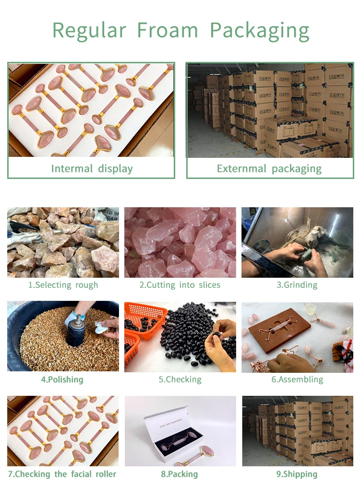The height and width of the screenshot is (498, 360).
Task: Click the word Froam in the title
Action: coord(168,31)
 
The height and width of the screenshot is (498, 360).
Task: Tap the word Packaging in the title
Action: coord(260,32)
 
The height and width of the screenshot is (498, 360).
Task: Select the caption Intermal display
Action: coord(92,168)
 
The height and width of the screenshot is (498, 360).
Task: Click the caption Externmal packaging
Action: coord(269,168)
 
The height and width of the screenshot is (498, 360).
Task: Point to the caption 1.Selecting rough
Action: coord(63,285)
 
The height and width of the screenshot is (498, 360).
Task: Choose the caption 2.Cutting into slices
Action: coord(180,285)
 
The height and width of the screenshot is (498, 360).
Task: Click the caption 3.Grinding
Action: coord(297,285)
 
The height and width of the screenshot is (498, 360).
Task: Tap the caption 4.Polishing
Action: coord(62,379)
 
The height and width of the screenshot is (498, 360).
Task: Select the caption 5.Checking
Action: coord(180,379)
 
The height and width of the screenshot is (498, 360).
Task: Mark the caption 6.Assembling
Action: coord(297,379)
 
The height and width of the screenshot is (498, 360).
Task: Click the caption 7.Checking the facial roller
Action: coord(62,474)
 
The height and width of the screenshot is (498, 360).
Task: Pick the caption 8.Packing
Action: coord(179,474)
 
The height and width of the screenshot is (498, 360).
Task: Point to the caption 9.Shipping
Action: coord(297,474)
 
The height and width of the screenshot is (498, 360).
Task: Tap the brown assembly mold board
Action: coord(279,330)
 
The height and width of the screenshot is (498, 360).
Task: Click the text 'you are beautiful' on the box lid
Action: coord(171,423)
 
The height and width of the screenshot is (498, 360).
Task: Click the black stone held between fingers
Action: coord(216,335)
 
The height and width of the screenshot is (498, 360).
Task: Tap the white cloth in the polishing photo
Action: coord(102,328)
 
